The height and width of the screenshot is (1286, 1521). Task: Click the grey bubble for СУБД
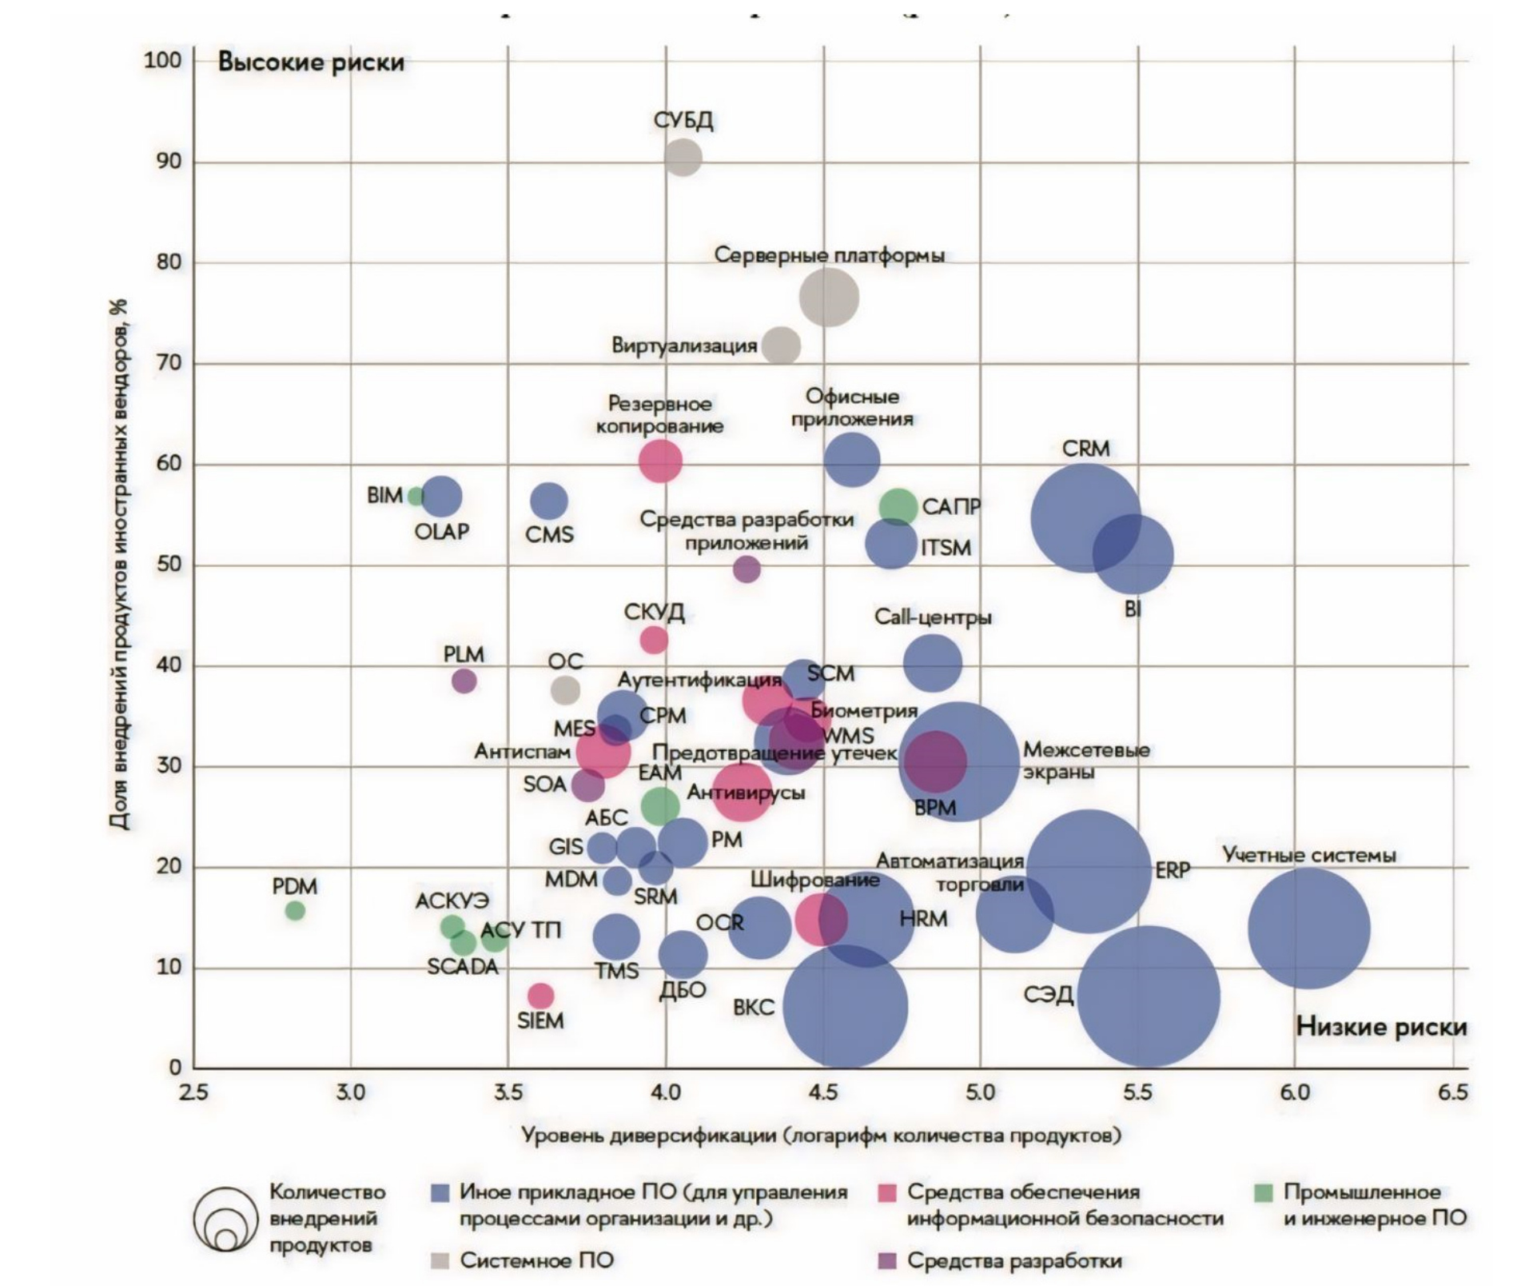pyautogui.click(x=683, y=157)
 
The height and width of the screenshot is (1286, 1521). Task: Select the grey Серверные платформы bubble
pyautogui.click(x=829, y=298)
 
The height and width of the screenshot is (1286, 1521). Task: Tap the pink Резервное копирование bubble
pyautogui.click(x=660, y=461)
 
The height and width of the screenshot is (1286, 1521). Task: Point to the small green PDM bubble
pyautogui.click(x=295, y=910)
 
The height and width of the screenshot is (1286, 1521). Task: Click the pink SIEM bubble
pyautogui.click(x=540, y=996)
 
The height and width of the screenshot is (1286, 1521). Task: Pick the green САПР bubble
pyautogui.click(x=898, y=506)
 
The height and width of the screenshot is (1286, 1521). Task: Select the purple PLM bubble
pyautogui.click(x=464, y=681)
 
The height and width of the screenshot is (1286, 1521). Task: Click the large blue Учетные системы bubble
pyautogui.click(x=1308, y=929)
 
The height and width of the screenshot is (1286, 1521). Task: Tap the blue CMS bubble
pyautogui.click(x=548, y=501)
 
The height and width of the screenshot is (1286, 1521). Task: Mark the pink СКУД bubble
pyautogui.click(x=654, y=640)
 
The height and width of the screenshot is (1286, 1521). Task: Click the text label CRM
pyautogui.click(x=1085, y=449)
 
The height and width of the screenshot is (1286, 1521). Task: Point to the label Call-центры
pyautogui.click(x=932, y=617)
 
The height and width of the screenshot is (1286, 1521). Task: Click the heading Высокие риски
pyautogui.click(x=311, y=62)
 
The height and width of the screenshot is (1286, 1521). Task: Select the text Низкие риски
pyautogui.click(x=1381, y=1027)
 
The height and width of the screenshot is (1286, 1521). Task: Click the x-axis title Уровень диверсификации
pyautogui.click(x=821, y=1136)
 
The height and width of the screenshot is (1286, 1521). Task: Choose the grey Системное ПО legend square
pyautogui.click(x=440, y=1261)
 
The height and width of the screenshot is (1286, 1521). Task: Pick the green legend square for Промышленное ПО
pyautogui.click(x=1263, y=1193)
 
